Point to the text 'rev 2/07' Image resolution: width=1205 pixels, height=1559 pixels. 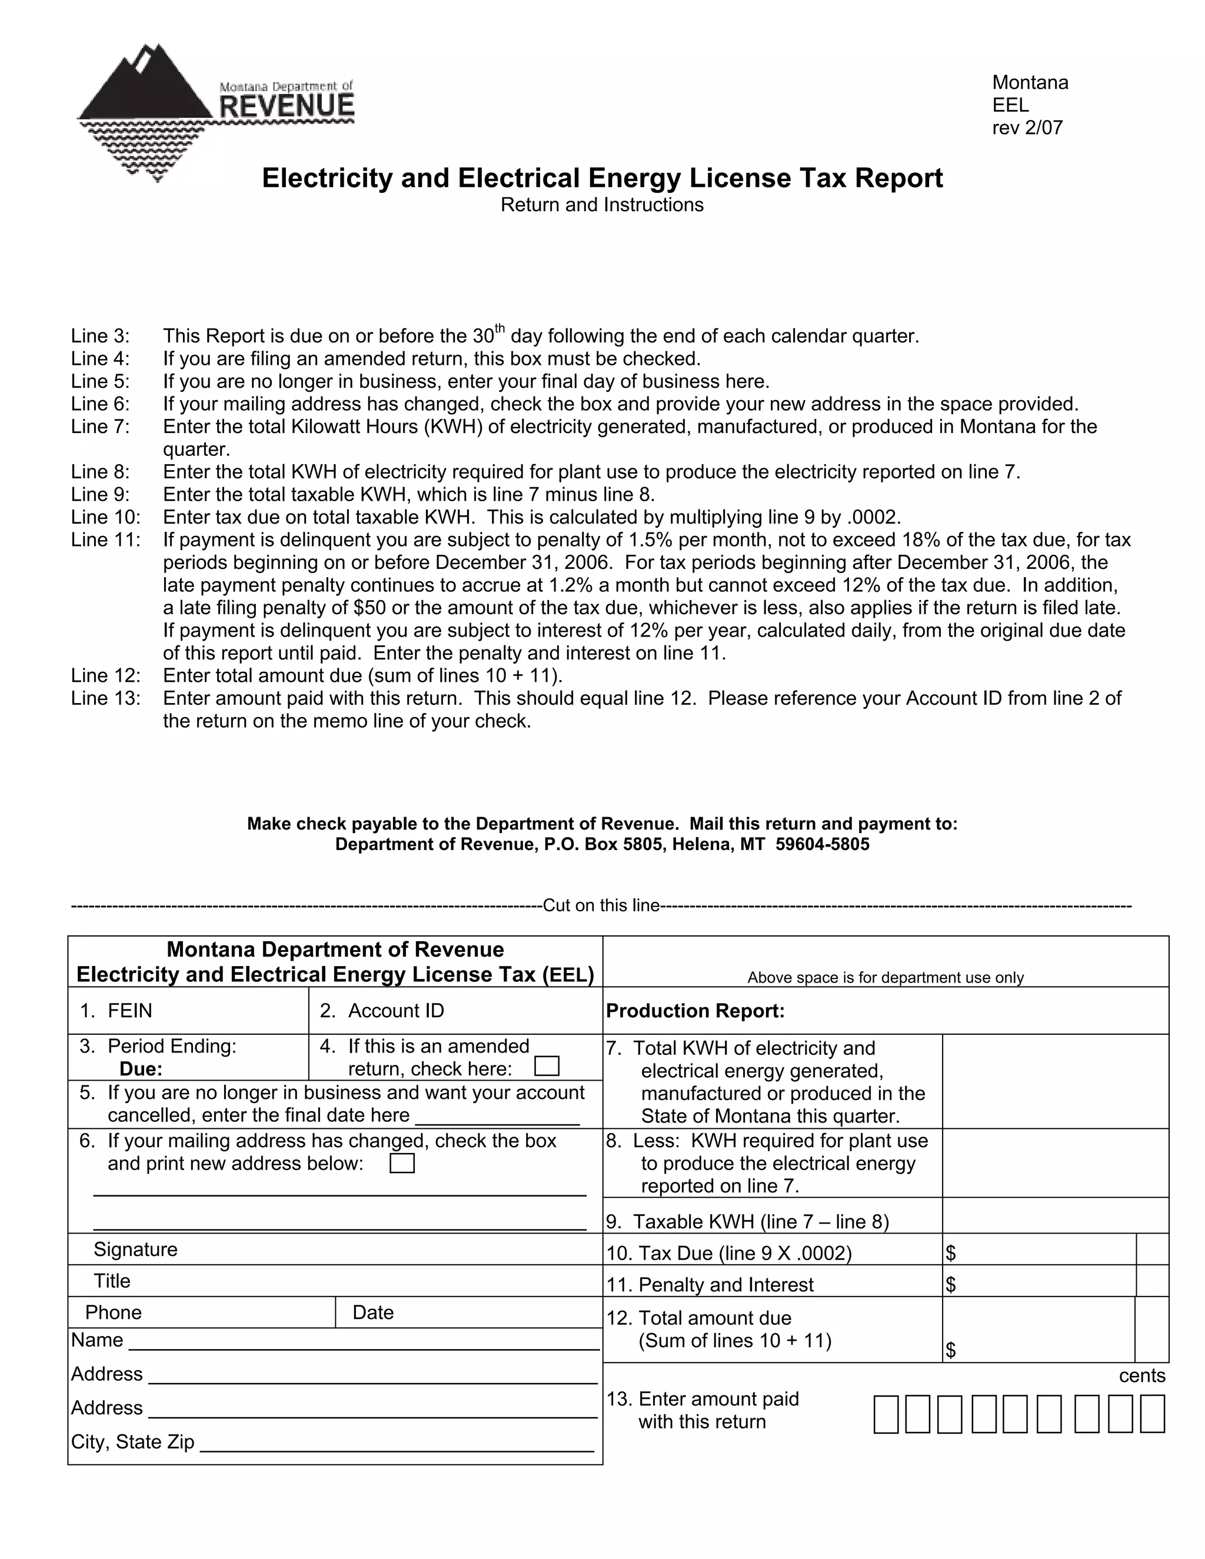coord(1027,128)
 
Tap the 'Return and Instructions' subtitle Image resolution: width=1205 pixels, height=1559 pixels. coord(602,205)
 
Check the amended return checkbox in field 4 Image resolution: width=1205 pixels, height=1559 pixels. coord(547,1067)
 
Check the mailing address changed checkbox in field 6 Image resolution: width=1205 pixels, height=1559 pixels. coord(402,1164)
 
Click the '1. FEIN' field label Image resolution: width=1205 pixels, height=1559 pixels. coord(116,1011)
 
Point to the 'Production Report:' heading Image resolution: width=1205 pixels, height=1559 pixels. coord(695,1011)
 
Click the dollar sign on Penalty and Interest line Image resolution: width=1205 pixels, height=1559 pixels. coord(951,1285)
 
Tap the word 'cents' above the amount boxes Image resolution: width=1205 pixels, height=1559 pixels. coord(1141,1375)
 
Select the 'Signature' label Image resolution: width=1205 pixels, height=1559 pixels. coord(136,1249)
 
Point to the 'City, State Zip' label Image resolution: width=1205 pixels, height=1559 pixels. coord(133,1442)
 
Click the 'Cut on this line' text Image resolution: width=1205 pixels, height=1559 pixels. coord(601,906)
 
